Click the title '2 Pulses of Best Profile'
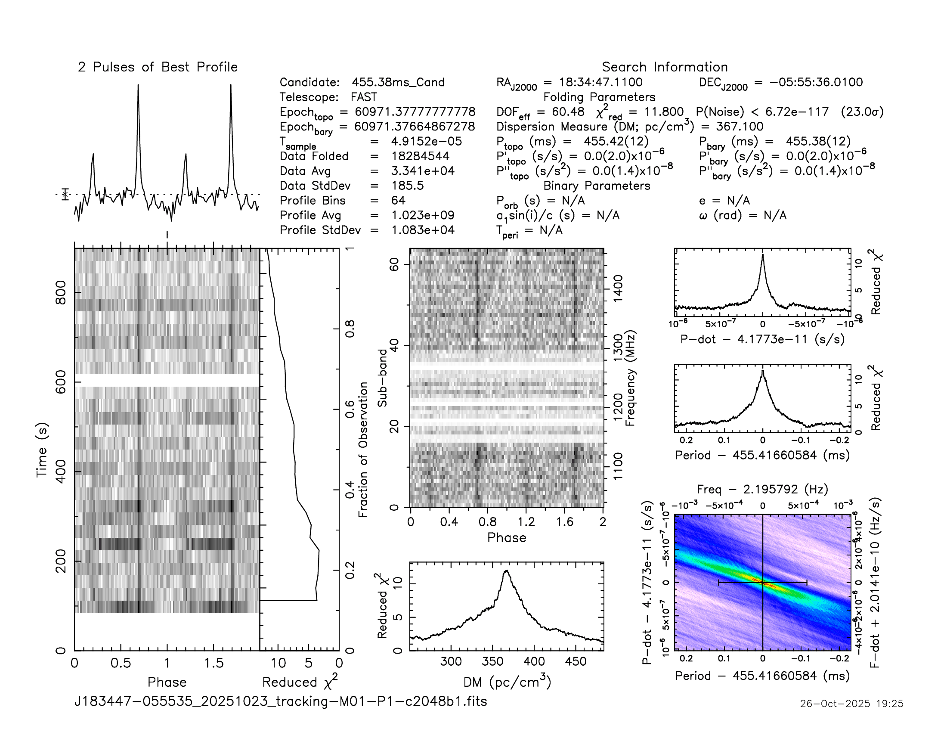click(x=158, y=67)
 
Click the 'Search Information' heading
click(x=664, y=67)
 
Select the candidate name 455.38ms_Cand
click(x=398, y=82)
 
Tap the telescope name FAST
click(x=364, y=97)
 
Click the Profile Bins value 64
click(x=398, y=200)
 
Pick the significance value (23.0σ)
click(x=862, y=112)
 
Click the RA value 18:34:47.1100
click(x=600, y=82)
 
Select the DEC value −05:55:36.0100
click(x=816, y=82)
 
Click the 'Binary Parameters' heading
click(x=597, y=186)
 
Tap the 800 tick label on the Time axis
click(x=61, y=293)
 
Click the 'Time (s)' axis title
click(x=42, y=450)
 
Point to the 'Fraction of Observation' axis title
click(x=363, y=450)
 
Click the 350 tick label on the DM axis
click(x=492, y=662)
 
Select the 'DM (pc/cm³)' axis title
click(x=507, y=682)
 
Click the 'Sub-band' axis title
click(x=382, y=378)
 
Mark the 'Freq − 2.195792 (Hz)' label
click(x=762, y=490)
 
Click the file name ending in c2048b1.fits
click(x=281, y=701)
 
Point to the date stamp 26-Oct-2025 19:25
click(x=851, y=704)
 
